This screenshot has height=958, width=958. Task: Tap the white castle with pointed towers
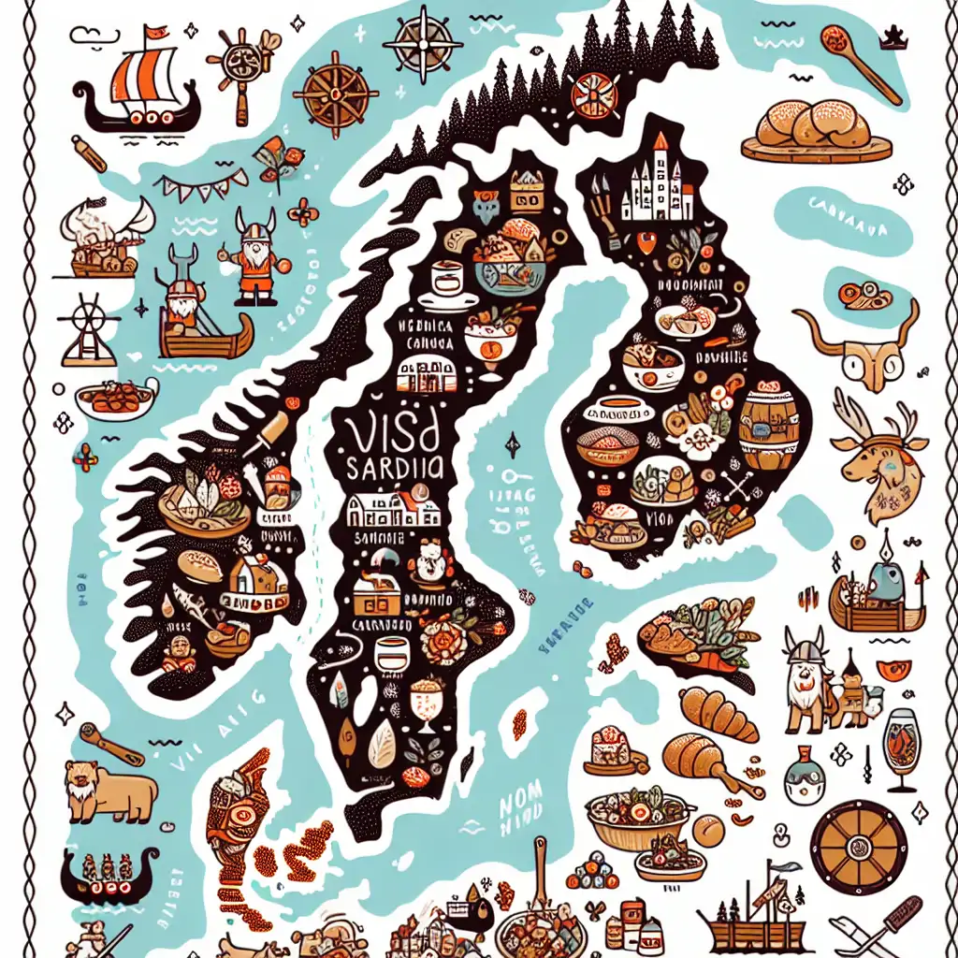655,187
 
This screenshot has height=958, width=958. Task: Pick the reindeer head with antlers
875,454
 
